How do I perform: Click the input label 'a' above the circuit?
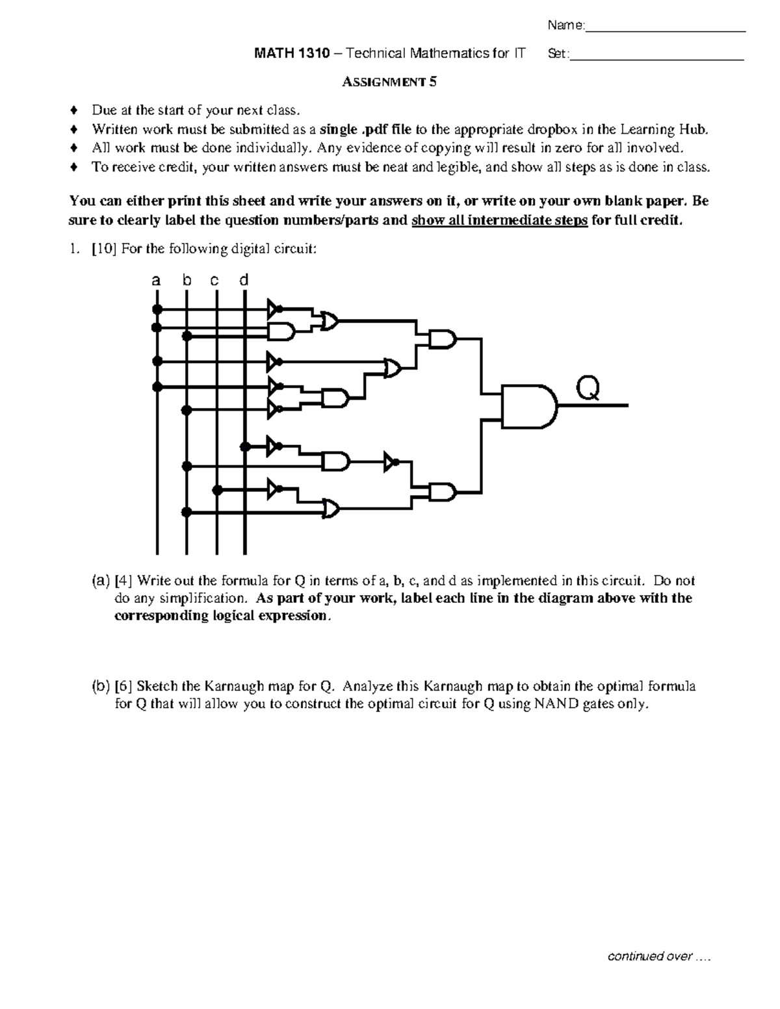(156, 281)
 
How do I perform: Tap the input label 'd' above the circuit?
(244, 280)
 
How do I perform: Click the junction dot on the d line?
(245, 446)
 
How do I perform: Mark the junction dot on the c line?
(218, 490)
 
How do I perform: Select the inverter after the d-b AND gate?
(391, 463)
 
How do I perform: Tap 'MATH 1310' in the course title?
(282, 53)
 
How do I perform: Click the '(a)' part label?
(101, 580)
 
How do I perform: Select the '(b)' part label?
(101, 686)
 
